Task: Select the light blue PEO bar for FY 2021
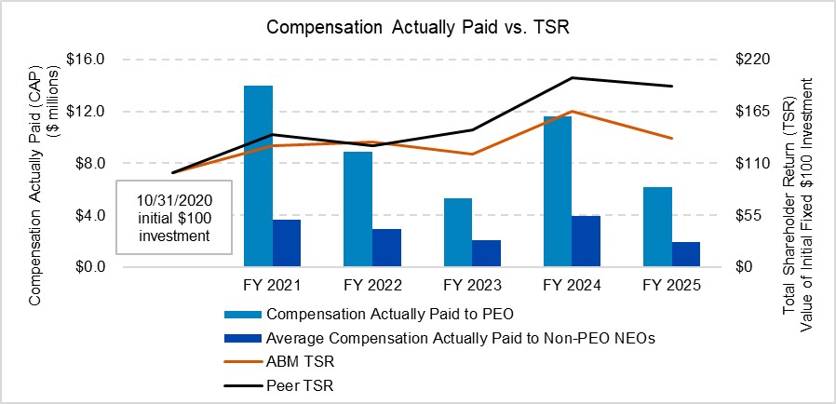258,176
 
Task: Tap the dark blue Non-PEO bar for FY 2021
287,243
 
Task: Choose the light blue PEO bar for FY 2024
558,191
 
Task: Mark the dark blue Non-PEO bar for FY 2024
586,241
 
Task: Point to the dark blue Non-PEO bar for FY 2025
685,254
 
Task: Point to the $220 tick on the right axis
757,59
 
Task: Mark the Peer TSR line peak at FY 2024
573,78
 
